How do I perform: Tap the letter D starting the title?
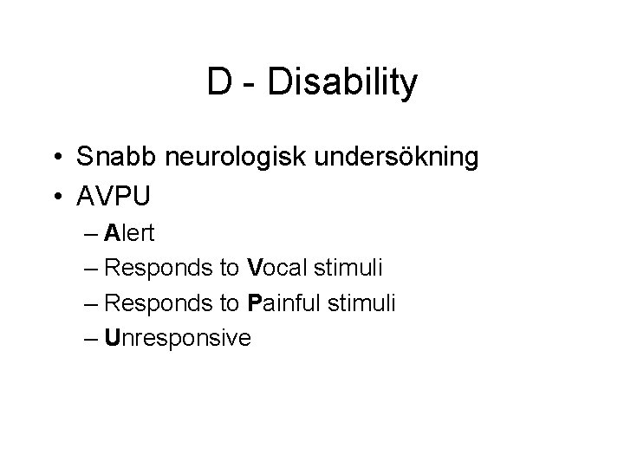pyautogui.click(x=218, y=83)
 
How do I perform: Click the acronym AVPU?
pyautogui.click(x=114, y=196)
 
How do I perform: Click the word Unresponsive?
pyautogui.click(x=177, y=337)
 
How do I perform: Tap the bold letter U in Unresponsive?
pyautogui.click(x=111, y=337)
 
